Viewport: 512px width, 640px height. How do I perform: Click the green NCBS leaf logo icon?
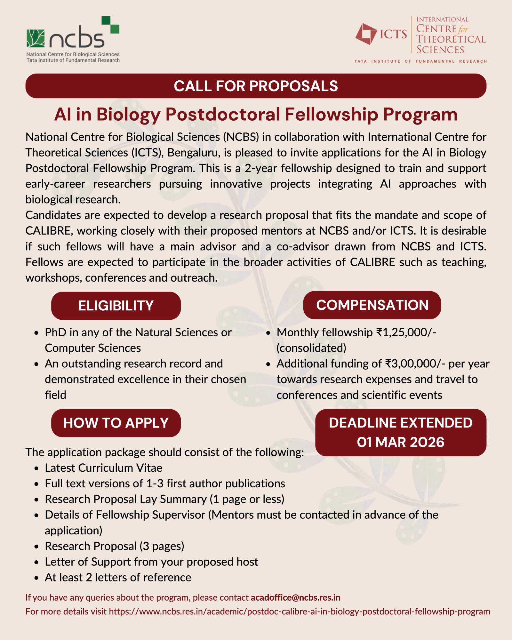pyautogui.click(x=36, y=38)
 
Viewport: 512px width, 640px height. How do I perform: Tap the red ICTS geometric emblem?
pyautogui.click(x=366, y=34)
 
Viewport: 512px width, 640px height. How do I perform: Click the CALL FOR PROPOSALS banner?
pyautogui.click(x=256, y=86)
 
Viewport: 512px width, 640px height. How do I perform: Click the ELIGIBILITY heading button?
pyautogui.click(x=116, y=306)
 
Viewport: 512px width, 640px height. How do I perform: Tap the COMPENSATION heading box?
pyautogui.click(x=372, y=305)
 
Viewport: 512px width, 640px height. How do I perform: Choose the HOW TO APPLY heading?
pyautogui.click(x=116, y=423)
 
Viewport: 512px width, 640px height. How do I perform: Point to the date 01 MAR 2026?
pyautogui.click(x=401, y=442)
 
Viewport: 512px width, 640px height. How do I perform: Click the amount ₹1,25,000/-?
pyautogui.click(x=406, y=332)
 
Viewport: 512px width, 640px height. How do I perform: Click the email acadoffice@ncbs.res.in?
pyautogui.click(x=295, y=597)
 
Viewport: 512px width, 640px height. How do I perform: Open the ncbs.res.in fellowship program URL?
pyautogui.click(x=299, y=612)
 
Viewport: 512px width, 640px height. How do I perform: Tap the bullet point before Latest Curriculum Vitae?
pyautogui.click(x=37, y=468)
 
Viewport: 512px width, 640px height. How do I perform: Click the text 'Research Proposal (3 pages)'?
pyautogui.click(x=114, y=546)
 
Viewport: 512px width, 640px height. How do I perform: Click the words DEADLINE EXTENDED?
pyautogui.click(x=401, y=423)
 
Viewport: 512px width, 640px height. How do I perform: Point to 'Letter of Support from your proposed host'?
pyautogui.click(x=151, y=562)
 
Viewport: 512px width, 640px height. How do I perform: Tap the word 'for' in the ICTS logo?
pyautogui.click(x=463, y=30)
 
